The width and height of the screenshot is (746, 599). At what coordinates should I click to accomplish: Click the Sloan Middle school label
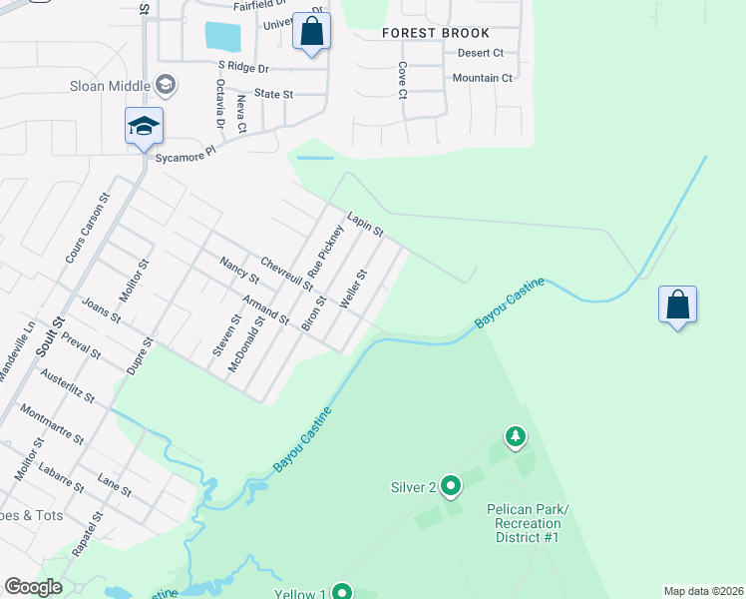click(x=110, y=85)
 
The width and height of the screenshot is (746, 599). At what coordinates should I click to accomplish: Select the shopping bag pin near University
click(x=312, y=33)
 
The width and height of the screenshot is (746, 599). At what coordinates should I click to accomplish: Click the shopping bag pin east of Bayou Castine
click(x=677, y=305)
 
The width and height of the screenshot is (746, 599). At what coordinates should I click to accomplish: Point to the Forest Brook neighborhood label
click(x=436, y=33)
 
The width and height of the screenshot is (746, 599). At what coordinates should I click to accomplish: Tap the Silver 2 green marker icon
click(x=450, y=486)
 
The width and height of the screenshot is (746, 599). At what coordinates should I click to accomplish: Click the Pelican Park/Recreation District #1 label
click(x=528, y=523)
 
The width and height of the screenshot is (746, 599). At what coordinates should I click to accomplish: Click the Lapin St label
click(x=365, y=224)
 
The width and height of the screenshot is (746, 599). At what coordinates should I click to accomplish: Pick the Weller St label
click(x=354, y=289)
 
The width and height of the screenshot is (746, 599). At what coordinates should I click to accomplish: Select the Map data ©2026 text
click(x=702, y=591)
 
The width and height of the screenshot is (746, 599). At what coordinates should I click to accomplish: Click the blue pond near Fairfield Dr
click(x=222, y=37)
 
